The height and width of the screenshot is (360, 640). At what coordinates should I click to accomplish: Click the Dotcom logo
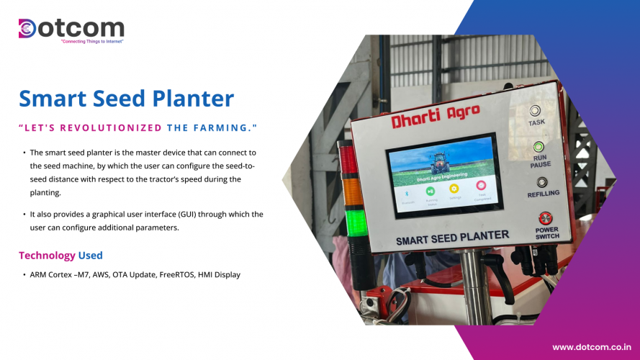click(71, 29)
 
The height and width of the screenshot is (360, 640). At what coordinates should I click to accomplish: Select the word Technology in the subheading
click(47, 256)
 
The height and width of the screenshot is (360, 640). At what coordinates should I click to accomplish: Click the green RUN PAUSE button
click(537, 147)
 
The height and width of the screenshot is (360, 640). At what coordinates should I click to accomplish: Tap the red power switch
click(545, 218)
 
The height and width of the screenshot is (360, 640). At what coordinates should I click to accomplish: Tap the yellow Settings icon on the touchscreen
click(454, 189)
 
